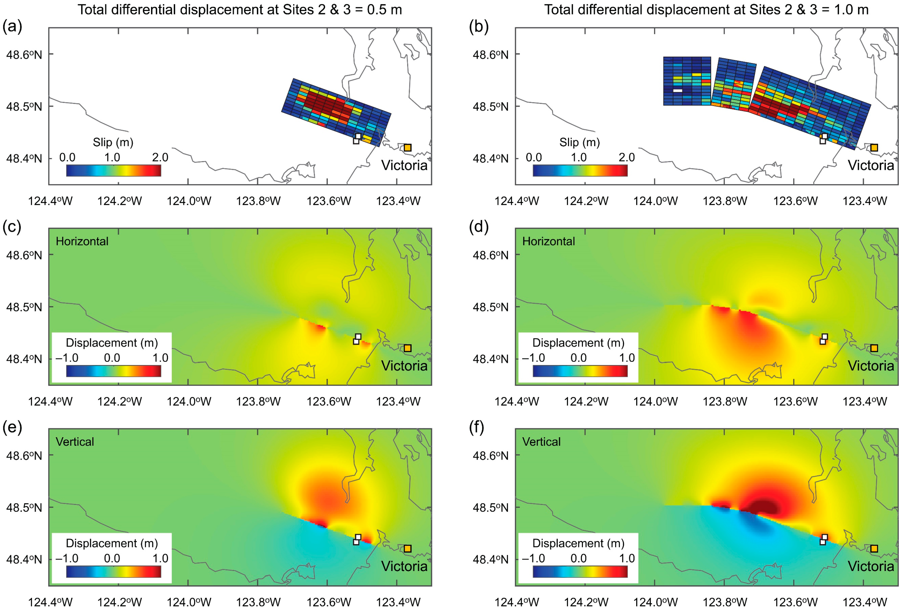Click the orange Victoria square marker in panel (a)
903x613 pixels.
[407, 148]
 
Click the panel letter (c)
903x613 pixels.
[12, 227]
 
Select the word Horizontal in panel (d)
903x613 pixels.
[548, 242]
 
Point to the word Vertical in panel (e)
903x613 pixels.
[75, 442]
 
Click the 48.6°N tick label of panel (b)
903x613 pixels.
[490, 55]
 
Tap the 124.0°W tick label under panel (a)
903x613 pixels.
[189, 201]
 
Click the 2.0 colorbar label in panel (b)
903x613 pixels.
[626, 157]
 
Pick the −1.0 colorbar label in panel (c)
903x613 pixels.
[67, 358]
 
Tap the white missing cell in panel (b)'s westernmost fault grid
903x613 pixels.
[678, 91]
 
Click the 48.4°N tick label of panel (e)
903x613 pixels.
[24, 559]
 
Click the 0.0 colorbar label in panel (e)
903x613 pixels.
[112, 558]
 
